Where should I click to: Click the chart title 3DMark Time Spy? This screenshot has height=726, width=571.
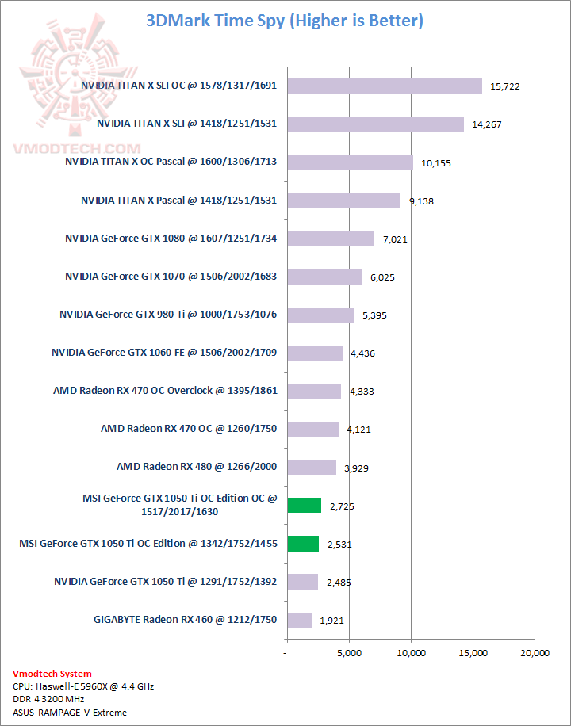pos(285,21)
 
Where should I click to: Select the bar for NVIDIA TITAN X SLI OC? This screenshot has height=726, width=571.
pos(385,86)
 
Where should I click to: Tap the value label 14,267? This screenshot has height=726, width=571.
pos(486,124)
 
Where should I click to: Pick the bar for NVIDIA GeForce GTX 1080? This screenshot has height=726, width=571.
pos(331,239)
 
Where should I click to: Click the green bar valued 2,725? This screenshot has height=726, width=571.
pos(305,506)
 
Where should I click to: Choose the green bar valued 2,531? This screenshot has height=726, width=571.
pos(303,544)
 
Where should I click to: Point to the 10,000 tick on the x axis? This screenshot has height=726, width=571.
pos(411,653)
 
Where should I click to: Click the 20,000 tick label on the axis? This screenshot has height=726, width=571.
pos(534,653)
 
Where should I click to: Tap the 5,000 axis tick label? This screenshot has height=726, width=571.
pos(349,653)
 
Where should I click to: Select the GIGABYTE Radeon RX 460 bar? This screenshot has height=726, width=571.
pos(300,620)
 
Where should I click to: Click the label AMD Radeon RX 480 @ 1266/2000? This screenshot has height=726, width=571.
pos(197,467)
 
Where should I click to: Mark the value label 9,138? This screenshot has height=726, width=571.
pos(421,201)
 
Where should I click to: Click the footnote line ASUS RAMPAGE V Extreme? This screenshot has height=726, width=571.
pos(70,713)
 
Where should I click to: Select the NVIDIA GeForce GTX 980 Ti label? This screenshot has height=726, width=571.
pos(168,315)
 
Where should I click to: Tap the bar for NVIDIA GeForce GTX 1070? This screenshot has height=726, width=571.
pos(324,277)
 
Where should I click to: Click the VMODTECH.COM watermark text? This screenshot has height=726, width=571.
pos(76,148)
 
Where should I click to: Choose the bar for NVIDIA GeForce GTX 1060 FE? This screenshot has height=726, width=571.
pos(315,353)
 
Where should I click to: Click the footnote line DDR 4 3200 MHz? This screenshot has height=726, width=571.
pos(49,699)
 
